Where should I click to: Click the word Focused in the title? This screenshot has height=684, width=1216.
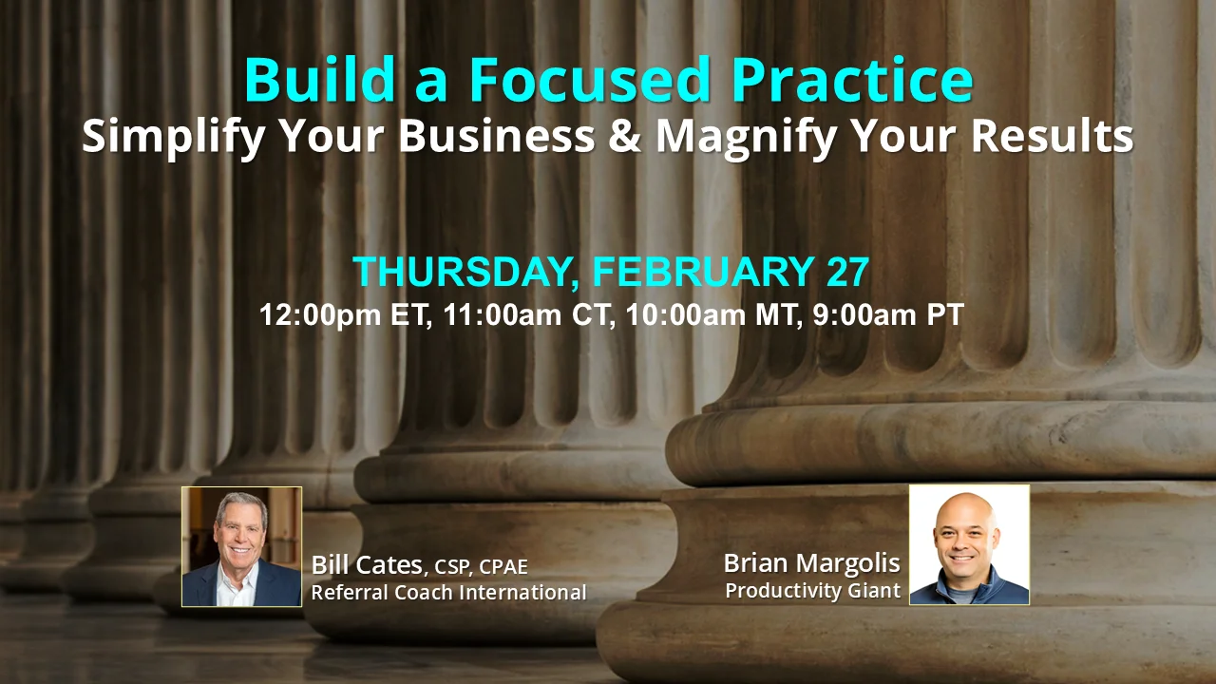pos(589,81)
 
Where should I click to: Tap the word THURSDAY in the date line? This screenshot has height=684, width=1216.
pos(462,272)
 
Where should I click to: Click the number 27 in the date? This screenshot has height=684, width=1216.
pos(841,272)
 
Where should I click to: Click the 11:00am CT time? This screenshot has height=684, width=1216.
pos(526,315)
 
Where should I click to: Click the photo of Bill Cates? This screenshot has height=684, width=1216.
pos(241,546)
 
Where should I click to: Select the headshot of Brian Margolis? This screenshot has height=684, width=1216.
pos(969,544)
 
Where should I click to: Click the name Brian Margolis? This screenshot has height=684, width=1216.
pos(811,562)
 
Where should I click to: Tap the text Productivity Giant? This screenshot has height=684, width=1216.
pos(812,590)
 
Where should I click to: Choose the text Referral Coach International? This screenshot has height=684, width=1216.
pos(448,593)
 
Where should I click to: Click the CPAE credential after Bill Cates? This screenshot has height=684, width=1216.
pos(503,567)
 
